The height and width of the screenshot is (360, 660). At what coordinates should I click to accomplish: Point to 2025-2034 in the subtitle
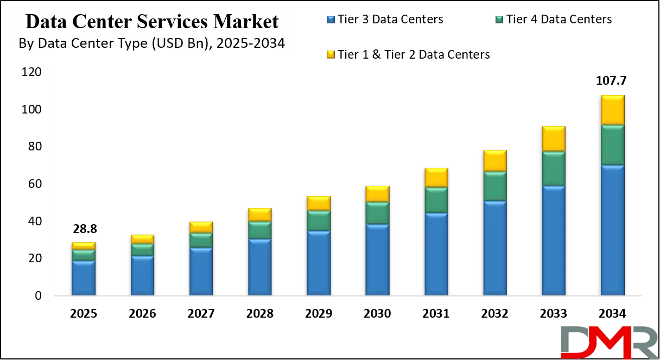[x=250, y=44]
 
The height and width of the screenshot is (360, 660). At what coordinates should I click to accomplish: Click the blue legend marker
[x=331, y=20]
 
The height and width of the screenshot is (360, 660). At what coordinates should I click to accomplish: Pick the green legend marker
[x=499, y=20]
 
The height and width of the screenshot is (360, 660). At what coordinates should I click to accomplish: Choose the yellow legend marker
[x=331, y=54]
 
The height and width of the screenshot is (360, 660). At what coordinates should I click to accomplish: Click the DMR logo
[x=608, y=342]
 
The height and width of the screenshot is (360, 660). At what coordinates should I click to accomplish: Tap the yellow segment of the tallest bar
[x=612, y=110]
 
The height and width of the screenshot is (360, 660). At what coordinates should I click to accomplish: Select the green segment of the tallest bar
[x=612, y=144]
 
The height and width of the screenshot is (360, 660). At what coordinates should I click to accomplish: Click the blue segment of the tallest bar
[x=612, y=230]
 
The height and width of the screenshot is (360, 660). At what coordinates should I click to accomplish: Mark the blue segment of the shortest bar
[x=84, y=278]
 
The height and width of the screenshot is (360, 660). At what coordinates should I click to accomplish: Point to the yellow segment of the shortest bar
[x=84, y=246]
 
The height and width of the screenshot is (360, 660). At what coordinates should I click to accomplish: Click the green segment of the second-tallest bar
[x=554, y=168]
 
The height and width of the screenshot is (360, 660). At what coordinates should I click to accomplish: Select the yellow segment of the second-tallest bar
[x=554, y=139]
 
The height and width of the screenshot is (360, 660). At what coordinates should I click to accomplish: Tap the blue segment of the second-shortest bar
[x=142, y=275]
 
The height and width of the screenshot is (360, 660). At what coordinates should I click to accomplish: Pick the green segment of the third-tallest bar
[x=495, y=186]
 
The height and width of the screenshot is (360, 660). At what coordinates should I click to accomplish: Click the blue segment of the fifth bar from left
[x=319, y=263]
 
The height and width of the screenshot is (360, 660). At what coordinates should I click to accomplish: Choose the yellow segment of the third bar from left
[x=201, y=228]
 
